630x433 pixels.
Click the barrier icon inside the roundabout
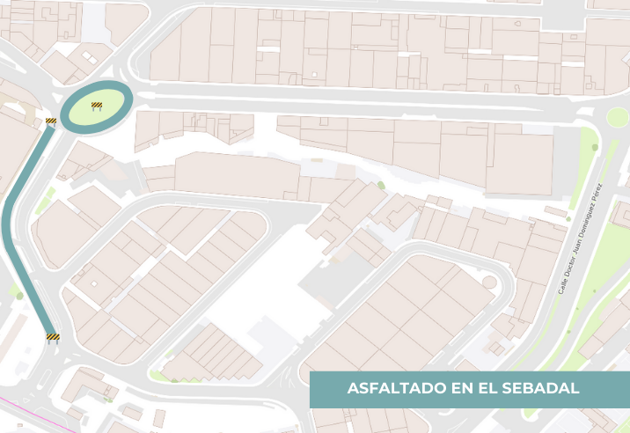(x=97, y=106)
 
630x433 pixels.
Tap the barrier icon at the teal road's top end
(x=51, y=121)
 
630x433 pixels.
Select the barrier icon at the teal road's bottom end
(x=53, y=336)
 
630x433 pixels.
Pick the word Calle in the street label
(x=563, y=284)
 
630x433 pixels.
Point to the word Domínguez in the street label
(x=591, y=217)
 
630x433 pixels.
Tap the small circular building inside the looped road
(x=489, y=282)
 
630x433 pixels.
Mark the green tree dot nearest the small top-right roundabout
(x=595, y=147)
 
